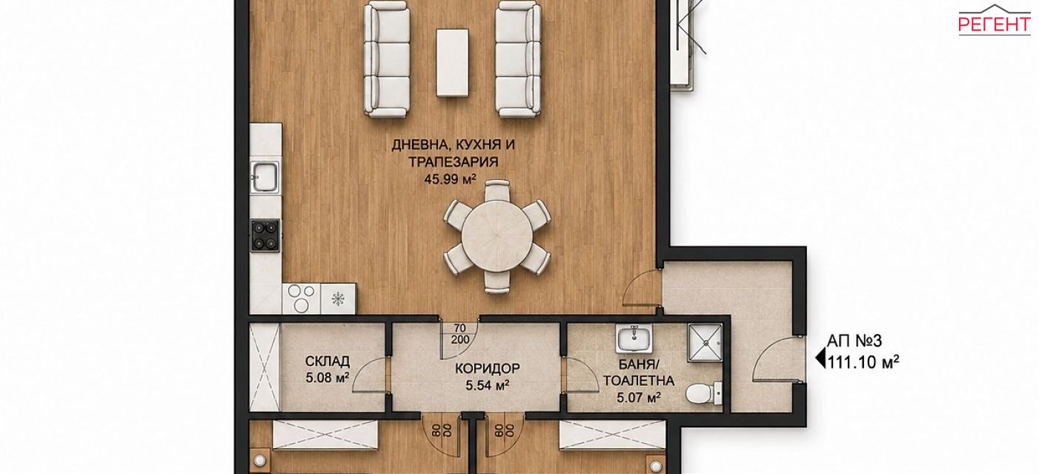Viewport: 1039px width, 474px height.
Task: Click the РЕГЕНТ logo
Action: pyautogui.click(x=994, y=21)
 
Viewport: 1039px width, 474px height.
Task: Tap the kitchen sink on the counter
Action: pyautogui.click(x=265, y=176)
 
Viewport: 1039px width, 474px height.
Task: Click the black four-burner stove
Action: pyautogui.click(x=265, y=236)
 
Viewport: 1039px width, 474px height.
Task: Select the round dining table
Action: pyautogui.click(x=497, y=236)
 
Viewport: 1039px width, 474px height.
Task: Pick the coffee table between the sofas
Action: pyautogui.click(x=452, y=62)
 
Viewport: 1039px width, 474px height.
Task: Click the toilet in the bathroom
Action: pyautogui.click(x=703, y=393)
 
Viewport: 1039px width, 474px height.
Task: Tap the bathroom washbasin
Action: pyautogui.click(x=634, y=338)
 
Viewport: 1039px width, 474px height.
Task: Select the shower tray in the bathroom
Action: pyautogui.click(x=706, y=342)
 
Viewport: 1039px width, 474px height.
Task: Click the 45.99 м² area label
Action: pyautogui.click(x=451, y=179)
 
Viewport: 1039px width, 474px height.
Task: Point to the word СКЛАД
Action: pyautogui.click(x=328, y=361)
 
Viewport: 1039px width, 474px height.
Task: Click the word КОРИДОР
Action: pyautogui.click(x=488, y=368)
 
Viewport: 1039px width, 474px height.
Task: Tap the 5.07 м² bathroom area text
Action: pyautogui.click(x=639, y=397)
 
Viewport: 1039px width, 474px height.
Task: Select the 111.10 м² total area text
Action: pyautogui.click(x=863, y=362)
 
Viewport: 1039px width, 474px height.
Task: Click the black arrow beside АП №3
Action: pyautogui.click(x=820, y=359)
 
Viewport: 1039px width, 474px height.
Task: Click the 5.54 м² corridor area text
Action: pyautogui.click(x=488, y=385)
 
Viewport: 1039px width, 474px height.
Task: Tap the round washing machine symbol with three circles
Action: pyautogui.click(x=301, y=298)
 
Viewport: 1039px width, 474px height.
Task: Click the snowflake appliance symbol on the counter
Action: pyautogui.click(x=338, y=298)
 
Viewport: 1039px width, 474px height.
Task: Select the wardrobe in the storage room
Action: pyautogui.click(x=265, y=367)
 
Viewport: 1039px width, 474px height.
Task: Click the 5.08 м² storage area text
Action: pyautogui.click(x=328, y=378)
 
